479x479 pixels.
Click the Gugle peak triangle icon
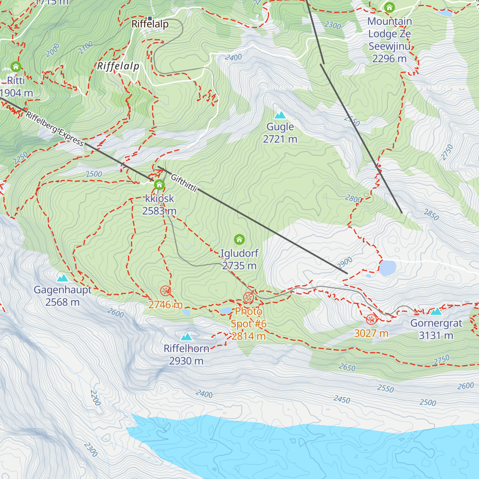click(x=280, y=115)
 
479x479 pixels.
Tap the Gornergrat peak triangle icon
click(x=436, y=311)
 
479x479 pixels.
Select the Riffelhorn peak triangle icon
click(x=186, y=337)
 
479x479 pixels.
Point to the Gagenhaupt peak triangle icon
click(x=62, y=278)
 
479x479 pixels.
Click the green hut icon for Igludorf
click(x=239, y=239)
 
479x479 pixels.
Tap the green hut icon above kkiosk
click(x=159, y=185)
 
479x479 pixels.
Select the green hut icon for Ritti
click(x=16, y=66)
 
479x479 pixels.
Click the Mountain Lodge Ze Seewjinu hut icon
click(x=389, y=7)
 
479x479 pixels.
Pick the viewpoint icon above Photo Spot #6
click(x=248, y=297)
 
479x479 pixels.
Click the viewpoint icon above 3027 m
click(x=371, y=319)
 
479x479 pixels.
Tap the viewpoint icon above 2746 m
click(x=165, y=291)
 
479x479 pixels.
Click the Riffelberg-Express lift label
click(x=55, y=129)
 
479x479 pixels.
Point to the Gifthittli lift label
click(x=184, y=183)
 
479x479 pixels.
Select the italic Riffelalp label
click(x=118, y=66)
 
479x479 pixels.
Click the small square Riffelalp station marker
click(x=150, y=18)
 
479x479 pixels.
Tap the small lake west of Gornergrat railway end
click(x=387, y=268)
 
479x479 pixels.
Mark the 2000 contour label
click(x=52, y=50)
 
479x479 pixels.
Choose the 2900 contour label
click(x=344, y=263)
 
